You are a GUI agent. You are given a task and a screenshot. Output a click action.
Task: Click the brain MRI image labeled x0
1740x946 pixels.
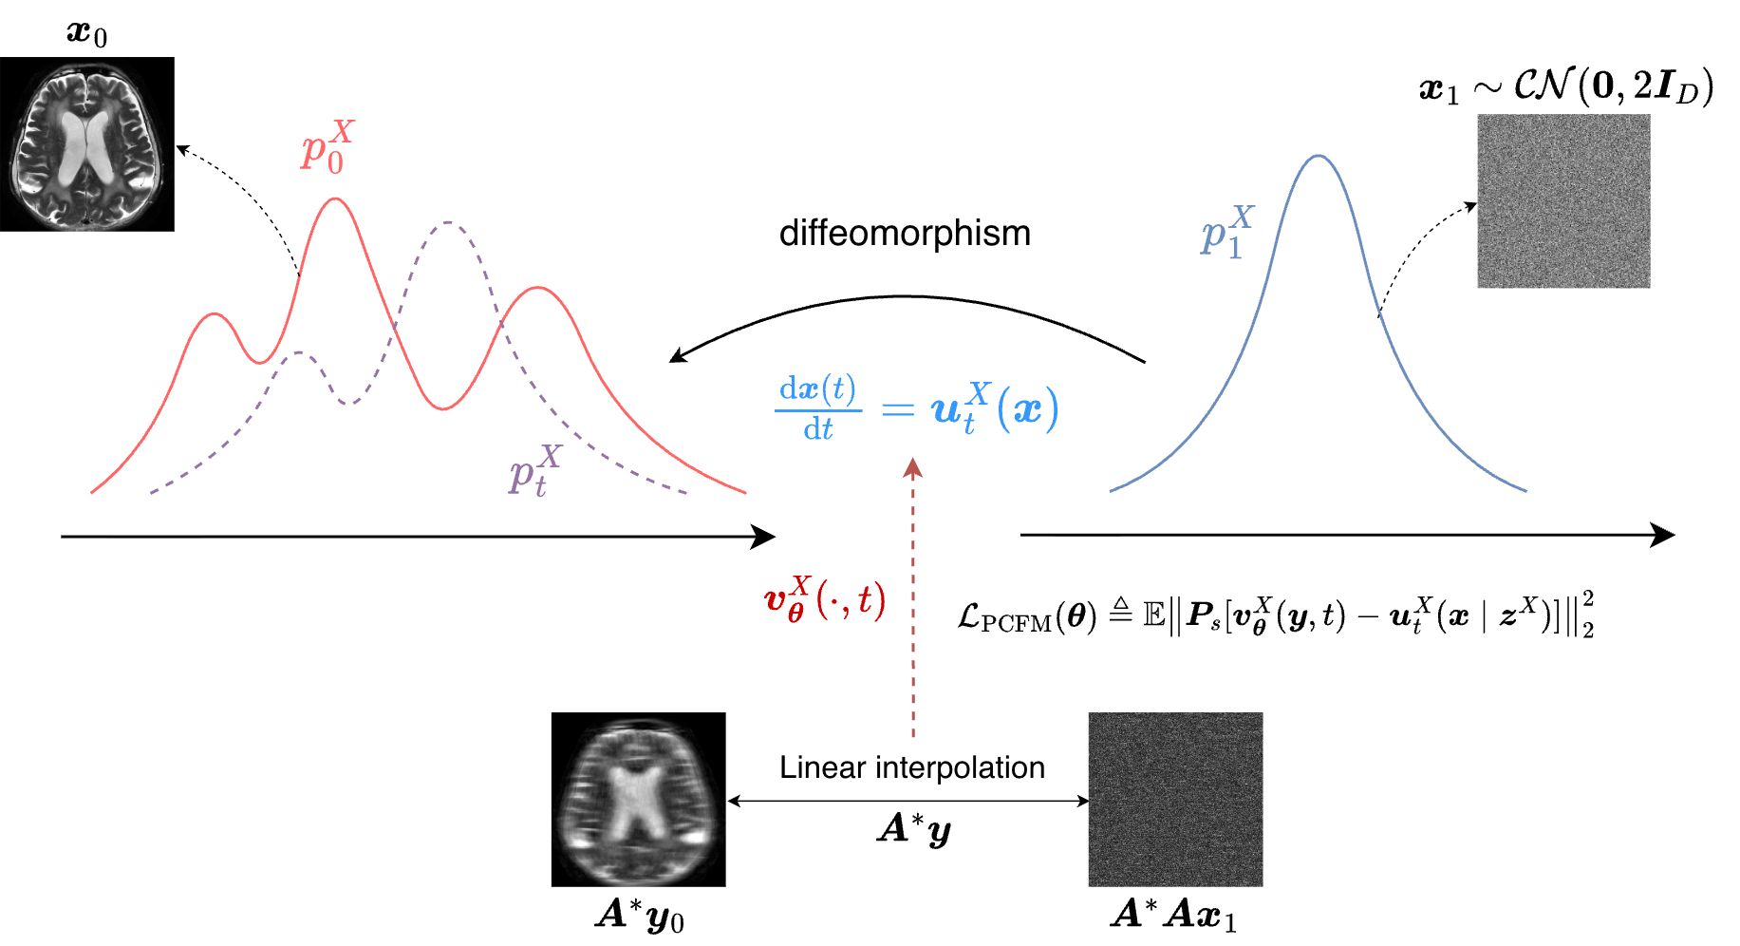(87, 144)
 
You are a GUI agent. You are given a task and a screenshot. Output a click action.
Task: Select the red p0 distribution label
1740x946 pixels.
(327, 146)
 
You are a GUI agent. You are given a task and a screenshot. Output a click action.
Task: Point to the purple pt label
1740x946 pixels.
(534, 470)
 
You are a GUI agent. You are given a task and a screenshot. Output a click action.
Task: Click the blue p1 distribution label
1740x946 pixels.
(1225, 232)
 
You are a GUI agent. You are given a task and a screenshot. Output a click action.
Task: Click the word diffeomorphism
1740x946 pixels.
(904, 234)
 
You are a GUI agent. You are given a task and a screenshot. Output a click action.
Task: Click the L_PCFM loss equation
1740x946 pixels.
(1275, 615)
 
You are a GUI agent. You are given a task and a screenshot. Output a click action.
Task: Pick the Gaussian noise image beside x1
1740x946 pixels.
(1562, 200)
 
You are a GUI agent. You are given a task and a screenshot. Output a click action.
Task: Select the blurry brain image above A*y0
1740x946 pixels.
(638, 799)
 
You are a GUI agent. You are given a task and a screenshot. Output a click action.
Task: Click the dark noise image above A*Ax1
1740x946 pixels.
(1175, 799)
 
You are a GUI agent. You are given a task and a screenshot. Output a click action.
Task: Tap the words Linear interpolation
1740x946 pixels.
(911, 767)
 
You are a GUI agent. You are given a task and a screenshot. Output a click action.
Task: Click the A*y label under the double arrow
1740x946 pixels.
(913, 829)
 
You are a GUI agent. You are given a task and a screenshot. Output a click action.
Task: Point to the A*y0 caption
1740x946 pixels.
(640, 916)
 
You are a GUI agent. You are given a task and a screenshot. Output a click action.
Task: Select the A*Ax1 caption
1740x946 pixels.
(1174, 916)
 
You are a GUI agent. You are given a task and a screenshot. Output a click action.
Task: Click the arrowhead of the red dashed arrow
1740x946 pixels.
(913, 466)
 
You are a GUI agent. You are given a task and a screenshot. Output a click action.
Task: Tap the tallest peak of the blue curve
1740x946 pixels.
(1319, 156)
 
